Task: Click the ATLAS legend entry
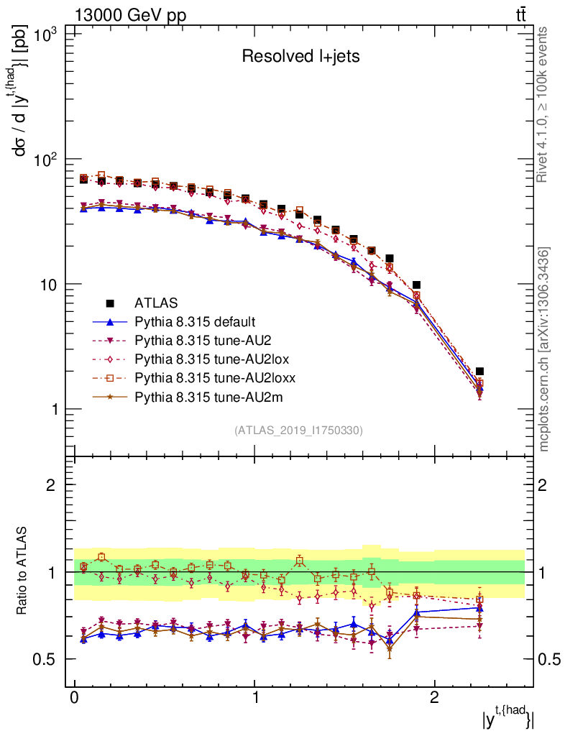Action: click(157, 303)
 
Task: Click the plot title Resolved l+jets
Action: click(300, 57)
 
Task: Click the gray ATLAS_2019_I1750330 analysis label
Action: click(298, 431)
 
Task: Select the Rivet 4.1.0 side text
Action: click(544, 104)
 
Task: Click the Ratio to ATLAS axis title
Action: click(23, 571)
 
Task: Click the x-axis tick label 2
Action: click(434, 698)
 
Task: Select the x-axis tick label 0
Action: click(74, 698)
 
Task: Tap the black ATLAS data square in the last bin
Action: click(479, 372)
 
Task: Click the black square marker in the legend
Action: click(111, 303)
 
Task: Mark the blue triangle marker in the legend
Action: click(111, 321)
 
